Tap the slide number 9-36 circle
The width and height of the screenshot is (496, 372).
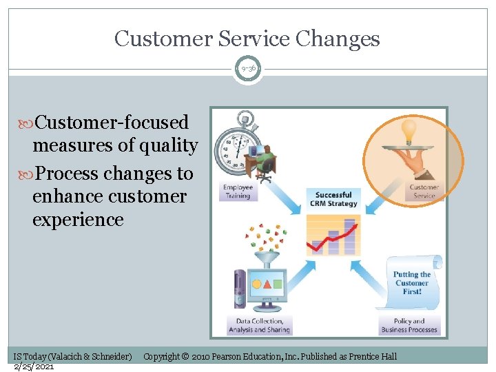[247, 68]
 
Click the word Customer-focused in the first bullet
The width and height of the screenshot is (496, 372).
[112, 123]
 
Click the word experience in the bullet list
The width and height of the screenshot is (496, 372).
[78, 220]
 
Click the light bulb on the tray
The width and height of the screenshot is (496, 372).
[409, 130]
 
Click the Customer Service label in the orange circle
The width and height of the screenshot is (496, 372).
[424, 191]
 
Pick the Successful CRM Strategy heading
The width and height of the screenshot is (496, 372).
[334, 199]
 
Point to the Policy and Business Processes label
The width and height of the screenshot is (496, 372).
[409, 325]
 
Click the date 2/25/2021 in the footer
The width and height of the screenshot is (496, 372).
[34, 366]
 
